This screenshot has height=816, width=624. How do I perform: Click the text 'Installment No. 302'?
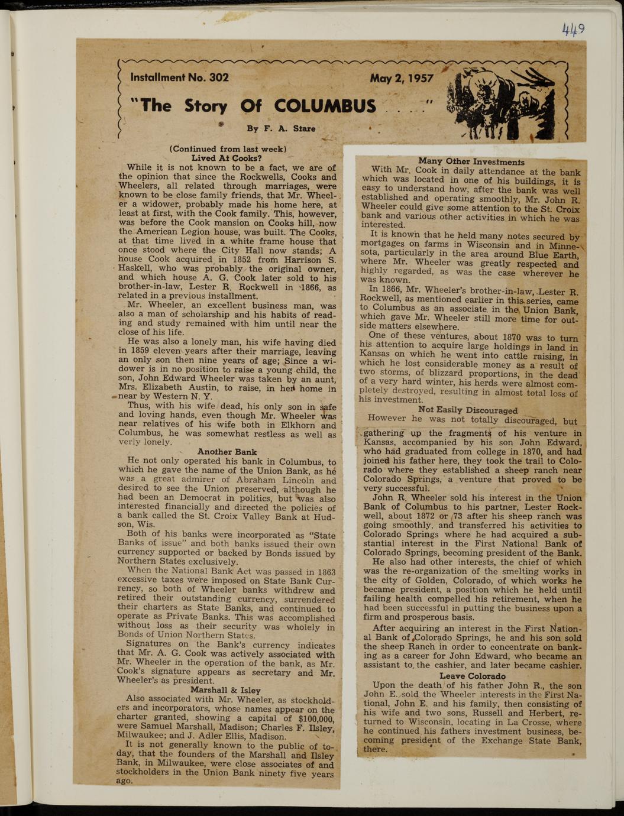(179, 77)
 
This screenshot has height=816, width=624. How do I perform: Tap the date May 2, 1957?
(402, 79)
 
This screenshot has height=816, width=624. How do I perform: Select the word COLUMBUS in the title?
(325, 106)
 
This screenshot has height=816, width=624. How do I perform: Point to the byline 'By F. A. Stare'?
(281, 128)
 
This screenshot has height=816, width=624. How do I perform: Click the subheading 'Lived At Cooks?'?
(227, 158)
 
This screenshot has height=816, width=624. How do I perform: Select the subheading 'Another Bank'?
(227, 452)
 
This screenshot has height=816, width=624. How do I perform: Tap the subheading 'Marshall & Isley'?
(225, 689)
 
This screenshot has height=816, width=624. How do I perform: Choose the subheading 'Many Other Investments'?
(471, 161)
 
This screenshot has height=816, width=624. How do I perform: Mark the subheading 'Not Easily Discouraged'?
(468, 410)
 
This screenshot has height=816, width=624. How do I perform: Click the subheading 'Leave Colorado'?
(473, 676)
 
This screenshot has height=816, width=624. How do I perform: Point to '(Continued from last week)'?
(228, 149)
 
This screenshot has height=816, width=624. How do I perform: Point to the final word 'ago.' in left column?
(125, 781)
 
